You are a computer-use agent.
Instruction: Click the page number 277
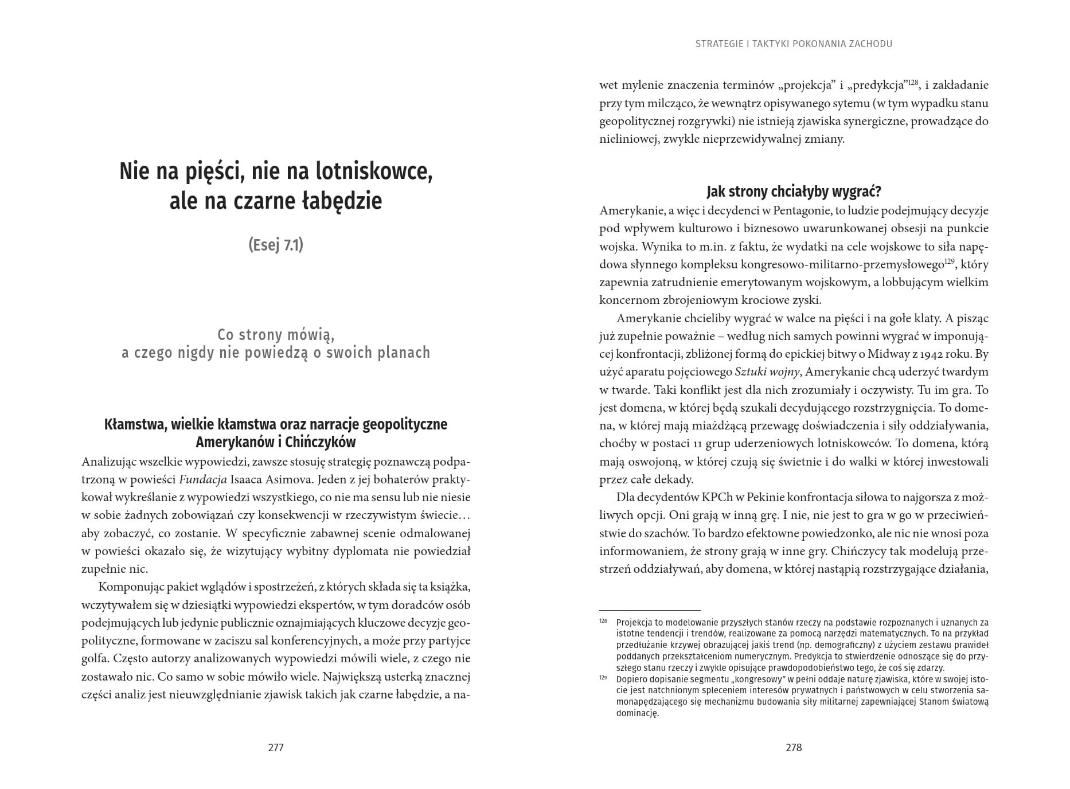276,747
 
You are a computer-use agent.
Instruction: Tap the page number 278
794,747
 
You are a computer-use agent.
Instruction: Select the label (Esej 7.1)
276,245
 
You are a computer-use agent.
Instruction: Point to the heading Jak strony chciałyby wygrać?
794,191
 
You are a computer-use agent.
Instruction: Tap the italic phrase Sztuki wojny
767,372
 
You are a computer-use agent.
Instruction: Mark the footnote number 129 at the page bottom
603,678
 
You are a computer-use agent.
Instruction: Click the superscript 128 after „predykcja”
913,83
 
